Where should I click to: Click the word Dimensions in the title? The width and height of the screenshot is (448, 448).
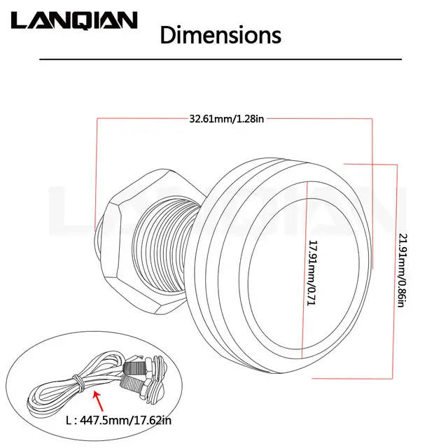click(x=220, y=34)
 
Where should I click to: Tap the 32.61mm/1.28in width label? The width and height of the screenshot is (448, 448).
click(x=226, y=119)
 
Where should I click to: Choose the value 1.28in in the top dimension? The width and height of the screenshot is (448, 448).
click(x=251, y=119)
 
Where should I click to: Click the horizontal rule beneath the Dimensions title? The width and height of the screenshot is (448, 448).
click(x=220, y=60)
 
